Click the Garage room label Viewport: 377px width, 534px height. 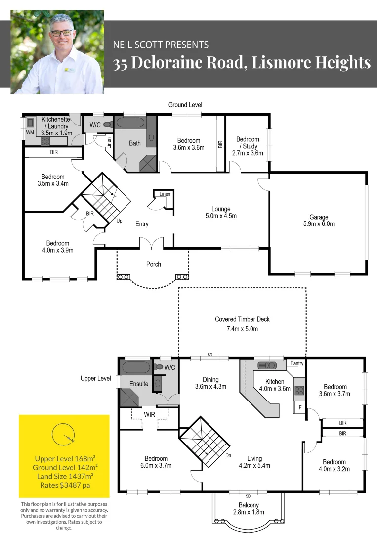[319, 221]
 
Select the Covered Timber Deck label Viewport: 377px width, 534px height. [242, 324]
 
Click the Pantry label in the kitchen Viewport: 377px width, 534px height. [296, 363]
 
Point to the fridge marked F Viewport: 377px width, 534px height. [300, 407]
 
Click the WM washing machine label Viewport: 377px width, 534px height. [30, 132]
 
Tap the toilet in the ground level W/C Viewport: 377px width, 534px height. [108, 124]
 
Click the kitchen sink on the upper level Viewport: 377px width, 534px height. [267, 365]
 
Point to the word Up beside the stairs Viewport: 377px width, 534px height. [119, 221]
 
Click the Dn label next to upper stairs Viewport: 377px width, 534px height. [228, 455]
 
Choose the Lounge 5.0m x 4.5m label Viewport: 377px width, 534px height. [221, 212]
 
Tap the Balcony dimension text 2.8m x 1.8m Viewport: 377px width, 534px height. [249, 512]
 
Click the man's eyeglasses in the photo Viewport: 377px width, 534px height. [62, 33]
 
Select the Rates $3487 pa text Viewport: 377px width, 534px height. [65, 485]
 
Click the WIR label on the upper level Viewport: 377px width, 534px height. [149, 414]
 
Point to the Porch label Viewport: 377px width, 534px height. [154, 264]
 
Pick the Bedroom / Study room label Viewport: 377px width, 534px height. [248, 146]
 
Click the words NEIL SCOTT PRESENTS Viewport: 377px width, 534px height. [161, 44]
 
